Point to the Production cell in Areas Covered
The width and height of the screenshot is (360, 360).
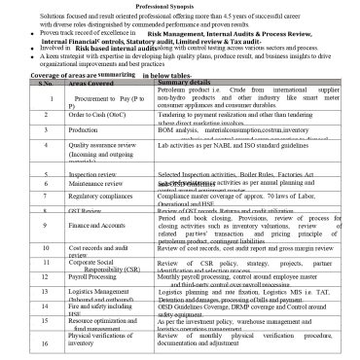(85, 128)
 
